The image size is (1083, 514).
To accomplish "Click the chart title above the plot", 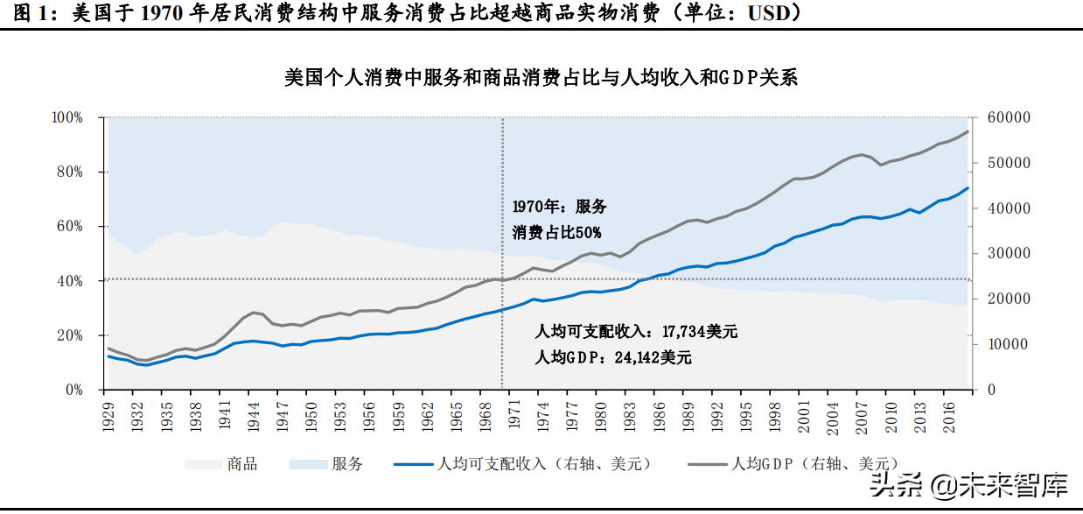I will [x=541, y=78].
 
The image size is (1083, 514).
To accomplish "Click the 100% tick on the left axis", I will [x=67, y=117].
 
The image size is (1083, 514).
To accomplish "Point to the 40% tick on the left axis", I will [x=70, y=281].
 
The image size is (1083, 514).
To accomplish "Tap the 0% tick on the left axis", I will [x=73, y=391].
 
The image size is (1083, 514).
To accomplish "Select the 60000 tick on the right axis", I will [x=1008, y=117].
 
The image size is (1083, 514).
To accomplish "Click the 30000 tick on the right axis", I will [x=1008, y=254].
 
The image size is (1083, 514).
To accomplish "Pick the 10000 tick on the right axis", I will [x=1008, y=345].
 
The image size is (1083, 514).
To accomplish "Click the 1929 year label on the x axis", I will [x=108, y=417].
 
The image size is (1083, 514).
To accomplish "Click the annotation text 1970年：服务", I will [x=559, y=208].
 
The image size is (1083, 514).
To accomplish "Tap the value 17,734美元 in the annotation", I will [x=700, y=332].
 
